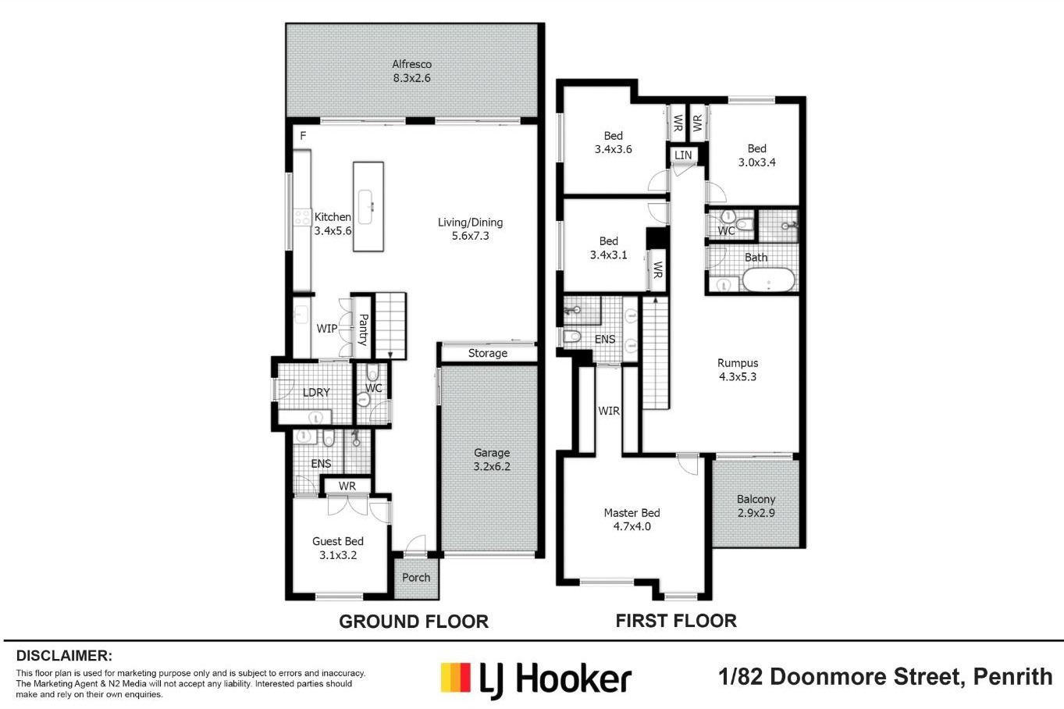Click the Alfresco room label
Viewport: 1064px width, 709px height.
coord(411,64)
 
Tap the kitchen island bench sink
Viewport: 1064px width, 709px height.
coord(366,207)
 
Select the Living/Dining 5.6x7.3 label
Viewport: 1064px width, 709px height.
coord(470,229)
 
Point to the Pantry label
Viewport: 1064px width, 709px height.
coord(363,330)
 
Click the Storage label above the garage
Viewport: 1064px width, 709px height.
coord(487,353)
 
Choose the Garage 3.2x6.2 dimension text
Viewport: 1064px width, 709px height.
coord(492,467)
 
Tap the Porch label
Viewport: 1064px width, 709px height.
coord(415,577)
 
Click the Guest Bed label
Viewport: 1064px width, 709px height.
coord(338,541)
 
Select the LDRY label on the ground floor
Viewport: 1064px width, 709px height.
coord(316,393)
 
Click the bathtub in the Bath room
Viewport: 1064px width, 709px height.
coord(768,280)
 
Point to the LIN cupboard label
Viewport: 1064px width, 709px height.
coord(683,155)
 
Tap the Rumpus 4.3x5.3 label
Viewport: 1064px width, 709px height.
coord(738,369)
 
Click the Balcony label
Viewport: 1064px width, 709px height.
coord(756,500)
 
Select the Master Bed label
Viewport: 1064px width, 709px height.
coord(632,513)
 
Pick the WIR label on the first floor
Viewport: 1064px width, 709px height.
coord(608,411)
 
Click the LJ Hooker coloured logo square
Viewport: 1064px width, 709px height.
coord(456,678)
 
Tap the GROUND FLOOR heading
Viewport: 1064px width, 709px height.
coord(414,622)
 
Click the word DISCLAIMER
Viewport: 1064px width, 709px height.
coord(64,656)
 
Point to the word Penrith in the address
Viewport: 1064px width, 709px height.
coord(1012,677)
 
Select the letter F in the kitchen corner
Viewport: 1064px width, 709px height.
coord(303,136)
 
